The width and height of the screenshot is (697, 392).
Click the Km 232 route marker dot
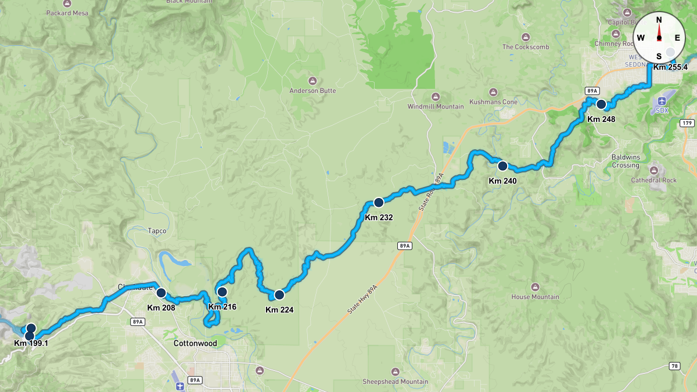(379, 203)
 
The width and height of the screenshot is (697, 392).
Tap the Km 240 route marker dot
(503, 166)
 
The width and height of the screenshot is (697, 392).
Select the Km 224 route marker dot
(279, 294)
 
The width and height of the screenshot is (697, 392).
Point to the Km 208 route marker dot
(161, 292)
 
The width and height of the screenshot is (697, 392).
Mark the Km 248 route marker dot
(602, 105)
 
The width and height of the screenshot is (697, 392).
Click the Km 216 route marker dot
(222, 291)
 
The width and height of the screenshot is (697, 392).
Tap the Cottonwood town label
(195, 343)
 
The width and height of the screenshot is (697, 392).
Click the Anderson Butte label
(313, 91)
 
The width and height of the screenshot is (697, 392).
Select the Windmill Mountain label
(436, 106)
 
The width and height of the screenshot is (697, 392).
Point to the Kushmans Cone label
(494, 102)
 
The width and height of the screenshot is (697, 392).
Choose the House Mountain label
(535, 297)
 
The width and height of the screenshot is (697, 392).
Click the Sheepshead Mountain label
(395, 382)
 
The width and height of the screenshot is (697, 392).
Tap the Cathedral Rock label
(654, 180)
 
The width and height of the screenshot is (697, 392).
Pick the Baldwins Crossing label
(625, 161)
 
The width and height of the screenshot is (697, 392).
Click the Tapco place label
(157, 231)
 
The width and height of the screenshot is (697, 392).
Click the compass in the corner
(659, 37)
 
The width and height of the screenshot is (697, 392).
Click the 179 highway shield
(687, 123)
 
